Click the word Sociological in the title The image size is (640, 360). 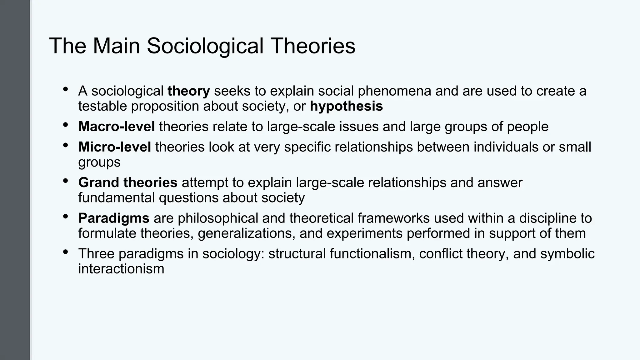pos(205,46)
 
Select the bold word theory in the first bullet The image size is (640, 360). pos(189,91)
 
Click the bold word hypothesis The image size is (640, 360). pos(346,106)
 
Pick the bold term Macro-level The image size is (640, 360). pos(117,127)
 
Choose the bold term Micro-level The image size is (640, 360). pos(115,147)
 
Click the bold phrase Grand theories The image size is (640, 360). pos(128,182)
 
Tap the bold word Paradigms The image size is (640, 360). pos(114,218)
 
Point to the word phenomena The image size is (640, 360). pos(394,91)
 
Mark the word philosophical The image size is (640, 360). pos(218,218)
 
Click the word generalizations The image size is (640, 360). pos(247,233)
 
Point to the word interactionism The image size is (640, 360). pos(121,269)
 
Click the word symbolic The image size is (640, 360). pos(567,254)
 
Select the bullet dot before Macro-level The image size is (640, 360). pos(65,125)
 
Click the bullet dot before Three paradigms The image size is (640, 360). pos(65,252)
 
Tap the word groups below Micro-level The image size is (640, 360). pos(99,162)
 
